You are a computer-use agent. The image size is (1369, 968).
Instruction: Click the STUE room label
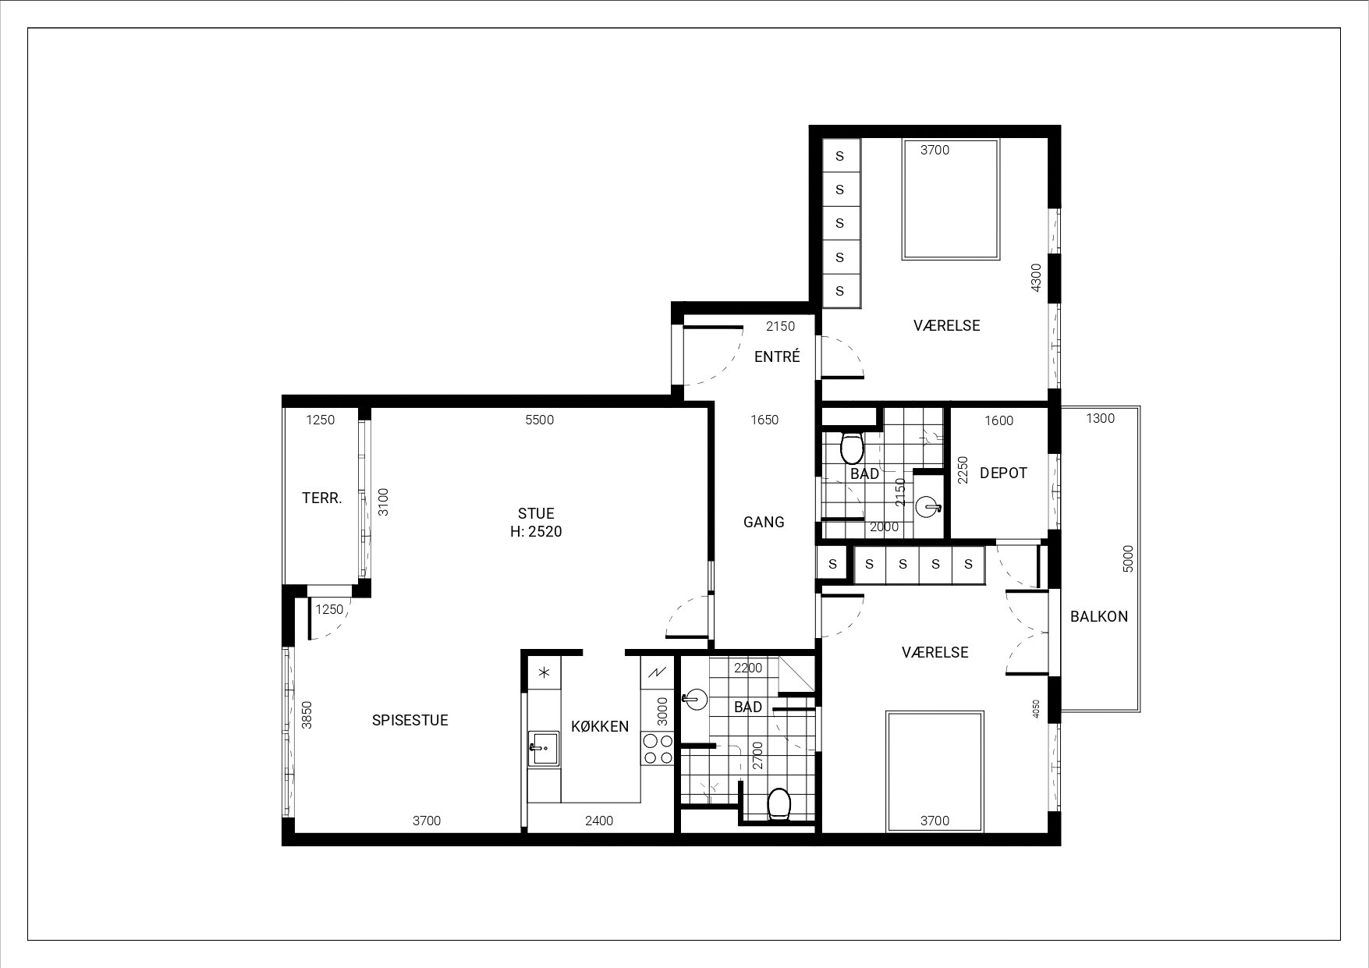(536, 513)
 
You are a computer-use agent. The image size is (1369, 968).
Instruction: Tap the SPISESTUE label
(410, 720)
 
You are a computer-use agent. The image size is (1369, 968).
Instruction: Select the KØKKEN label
(600, 727)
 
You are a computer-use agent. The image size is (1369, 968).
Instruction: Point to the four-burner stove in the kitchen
(658, 749)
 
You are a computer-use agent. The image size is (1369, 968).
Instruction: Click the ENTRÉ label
(777, 356)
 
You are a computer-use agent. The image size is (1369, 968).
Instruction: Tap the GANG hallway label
(764, 522)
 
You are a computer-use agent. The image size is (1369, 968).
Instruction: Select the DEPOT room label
(1003, 473)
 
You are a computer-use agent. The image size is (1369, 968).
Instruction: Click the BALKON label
(1099, 616)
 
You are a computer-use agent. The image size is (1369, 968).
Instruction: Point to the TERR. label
(322, 498)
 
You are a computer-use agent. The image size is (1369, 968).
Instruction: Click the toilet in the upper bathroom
(851, 449)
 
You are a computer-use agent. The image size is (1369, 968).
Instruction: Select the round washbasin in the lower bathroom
(693, 700)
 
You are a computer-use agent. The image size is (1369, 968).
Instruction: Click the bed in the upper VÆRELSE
(951, 200)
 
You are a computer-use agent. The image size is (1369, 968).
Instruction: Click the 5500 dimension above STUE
(539, 420)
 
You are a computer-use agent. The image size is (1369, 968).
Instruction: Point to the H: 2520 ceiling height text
(536, 532)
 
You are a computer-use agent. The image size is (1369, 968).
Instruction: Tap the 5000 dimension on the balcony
(1127, 558)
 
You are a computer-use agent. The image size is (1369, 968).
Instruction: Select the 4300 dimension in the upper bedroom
(1036, 278)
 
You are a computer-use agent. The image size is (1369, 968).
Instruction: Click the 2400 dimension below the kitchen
(599, 821)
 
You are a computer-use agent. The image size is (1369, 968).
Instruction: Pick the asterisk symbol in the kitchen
(544, 672)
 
